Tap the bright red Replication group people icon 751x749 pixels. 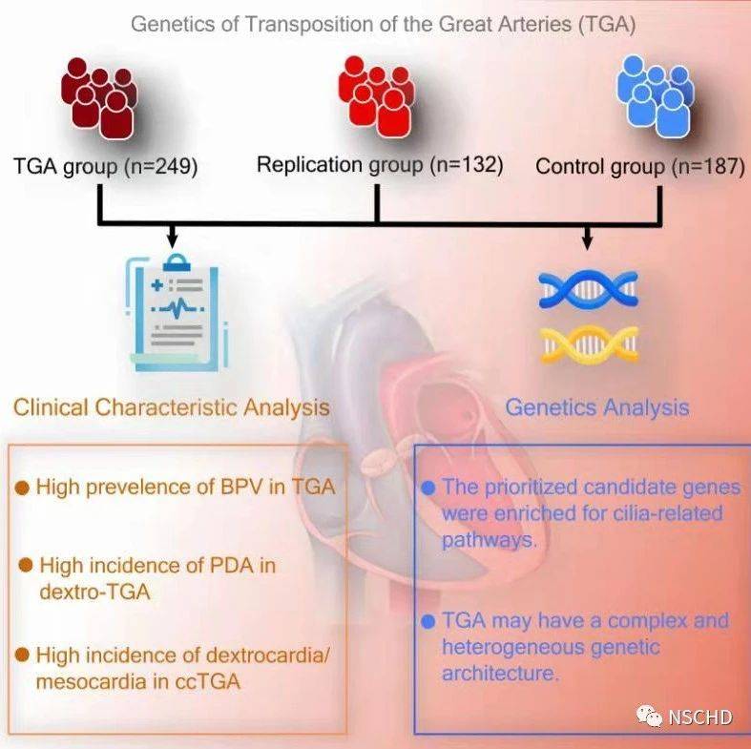pos(377,93)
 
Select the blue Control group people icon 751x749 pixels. pos(657,95)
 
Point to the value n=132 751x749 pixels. pos(466,165)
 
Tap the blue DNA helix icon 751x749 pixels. pos(587,288)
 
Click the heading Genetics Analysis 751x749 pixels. pos(596,407)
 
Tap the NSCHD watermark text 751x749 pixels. pos(700,717)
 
